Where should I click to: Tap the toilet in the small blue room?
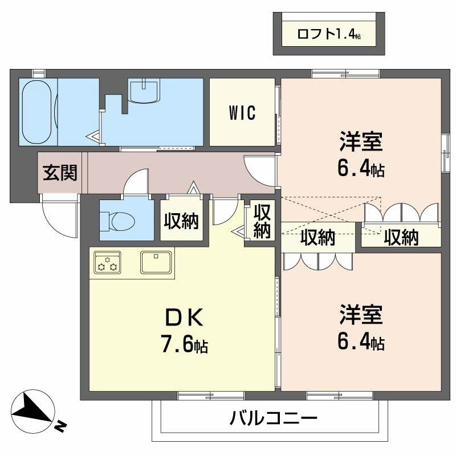tap(115, 219)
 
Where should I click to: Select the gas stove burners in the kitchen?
tap(107, 263)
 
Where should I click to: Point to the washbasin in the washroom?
tap(145, 91)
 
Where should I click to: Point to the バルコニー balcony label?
tap(274, 420)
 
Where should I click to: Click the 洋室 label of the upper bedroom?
tap(360, 141)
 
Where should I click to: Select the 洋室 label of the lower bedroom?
tap(360, 315)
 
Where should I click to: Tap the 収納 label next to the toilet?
tap(182, 221)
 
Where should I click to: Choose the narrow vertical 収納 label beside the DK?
tap(262, 221)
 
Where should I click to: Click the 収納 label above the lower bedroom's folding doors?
tap(318, 238)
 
